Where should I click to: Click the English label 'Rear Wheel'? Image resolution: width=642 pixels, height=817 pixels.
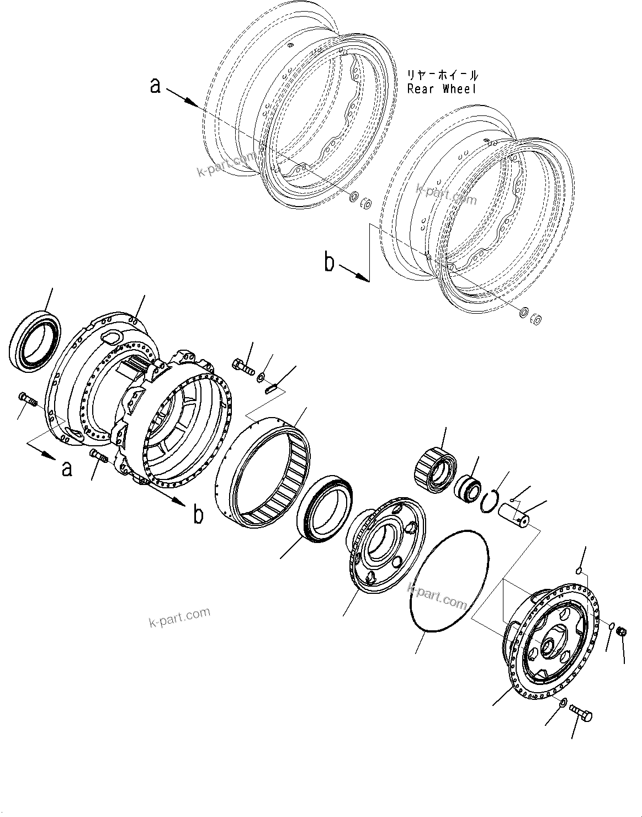pyautogui.click(x=442, y=88)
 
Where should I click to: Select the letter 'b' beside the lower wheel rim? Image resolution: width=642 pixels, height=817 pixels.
pyautogui.click(x=330, y=263)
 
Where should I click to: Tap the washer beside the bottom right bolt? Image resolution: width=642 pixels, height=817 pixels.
pyautogui.click(x=562, y=703)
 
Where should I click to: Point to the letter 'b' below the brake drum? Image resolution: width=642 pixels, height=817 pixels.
pyautogui.click(x=198, y=515)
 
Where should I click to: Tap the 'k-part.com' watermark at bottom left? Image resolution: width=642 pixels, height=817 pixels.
pyautogui.click(x=179, y=618)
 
